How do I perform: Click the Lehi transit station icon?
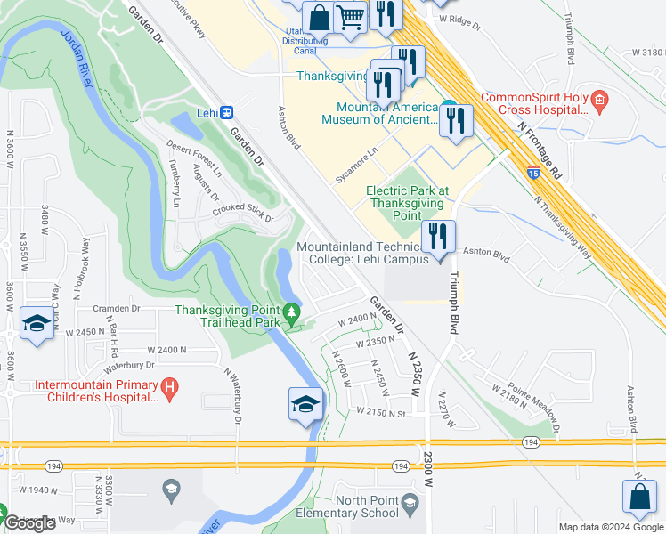(228, 113)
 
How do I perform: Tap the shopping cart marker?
(351, 16)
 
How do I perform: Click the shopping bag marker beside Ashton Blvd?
(640, 497)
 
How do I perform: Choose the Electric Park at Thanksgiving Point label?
(408, 203)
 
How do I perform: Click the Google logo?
(29, 523)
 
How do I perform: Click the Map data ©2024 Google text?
(611, 527)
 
